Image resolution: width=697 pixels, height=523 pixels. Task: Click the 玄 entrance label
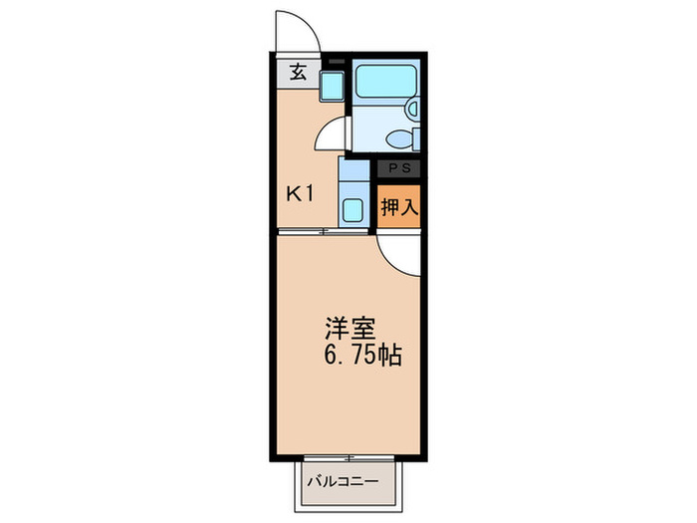click(x=298, y=72)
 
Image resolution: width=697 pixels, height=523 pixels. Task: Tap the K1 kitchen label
click(x=301, y=193)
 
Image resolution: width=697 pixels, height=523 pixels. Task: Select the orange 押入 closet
click(x=398, y=207)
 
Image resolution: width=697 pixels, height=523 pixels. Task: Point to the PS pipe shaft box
click(x=398, y=169)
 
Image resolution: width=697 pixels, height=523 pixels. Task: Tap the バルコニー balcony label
click(x=342, y=481)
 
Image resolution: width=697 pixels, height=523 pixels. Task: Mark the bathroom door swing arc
click(x=334, y=134)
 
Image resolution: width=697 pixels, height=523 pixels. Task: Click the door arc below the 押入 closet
click(x=399, y=255)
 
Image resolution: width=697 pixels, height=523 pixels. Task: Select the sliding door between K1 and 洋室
click(x=325, y=232)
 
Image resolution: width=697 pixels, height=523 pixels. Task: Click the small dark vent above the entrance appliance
click(x=334, y=63)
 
